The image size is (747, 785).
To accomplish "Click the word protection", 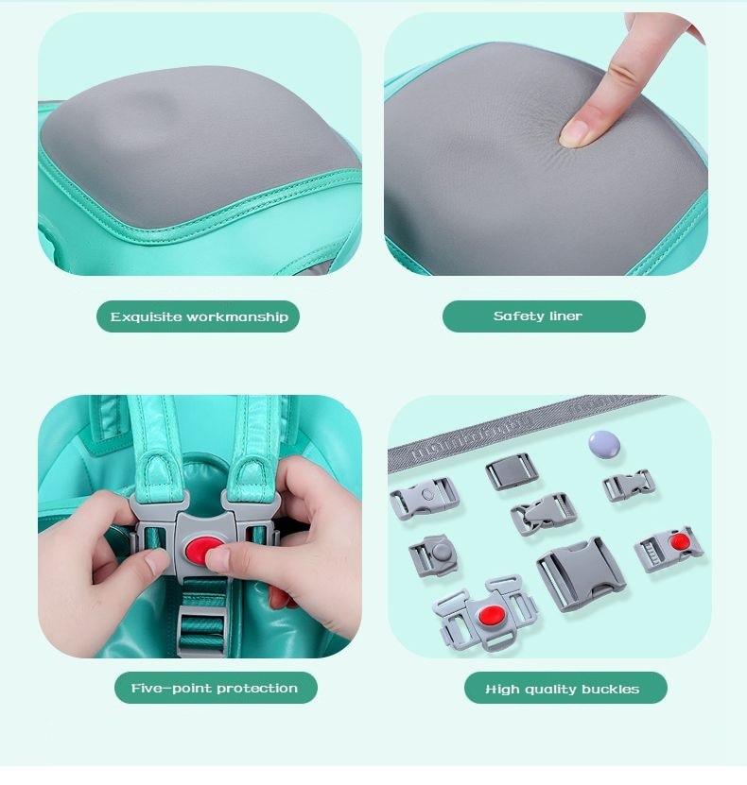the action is [257, 689].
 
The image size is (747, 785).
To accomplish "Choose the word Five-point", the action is [171, 689].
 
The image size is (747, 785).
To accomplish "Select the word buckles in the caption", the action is [610, 690].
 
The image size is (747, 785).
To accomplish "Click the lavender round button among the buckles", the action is [603, 444].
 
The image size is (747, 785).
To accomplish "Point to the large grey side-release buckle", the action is [582, 573].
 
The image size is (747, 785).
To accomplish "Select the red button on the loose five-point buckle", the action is [491, 615].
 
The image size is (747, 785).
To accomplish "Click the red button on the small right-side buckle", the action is [680, 541].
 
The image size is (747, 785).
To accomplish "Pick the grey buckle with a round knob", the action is [433, 555].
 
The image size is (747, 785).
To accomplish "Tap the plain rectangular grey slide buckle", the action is [512, 470].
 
